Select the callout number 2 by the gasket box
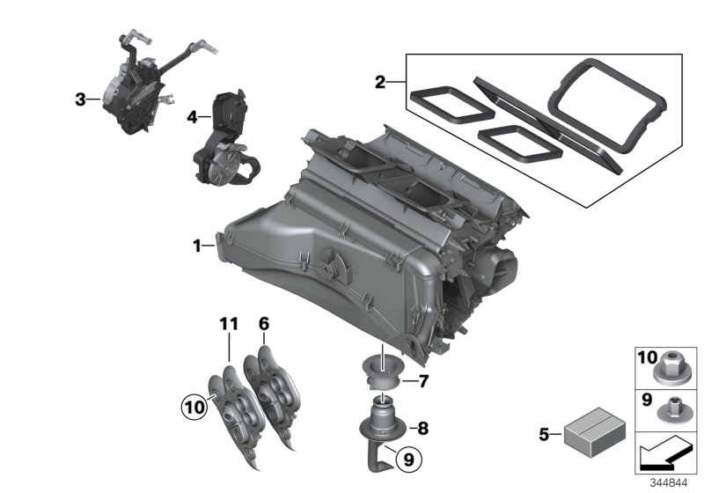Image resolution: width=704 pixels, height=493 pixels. point(380,83)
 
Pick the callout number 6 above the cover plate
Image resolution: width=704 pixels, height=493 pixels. point(262,325)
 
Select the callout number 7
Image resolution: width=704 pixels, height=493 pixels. point(422,381)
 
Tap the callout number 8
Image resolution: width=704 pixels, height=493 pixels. point(422,429)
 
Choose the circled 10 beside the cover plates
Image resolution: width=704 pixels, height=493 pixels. point(191,406)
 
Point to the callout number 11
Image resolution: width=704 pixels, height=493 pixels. point(229,325)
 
